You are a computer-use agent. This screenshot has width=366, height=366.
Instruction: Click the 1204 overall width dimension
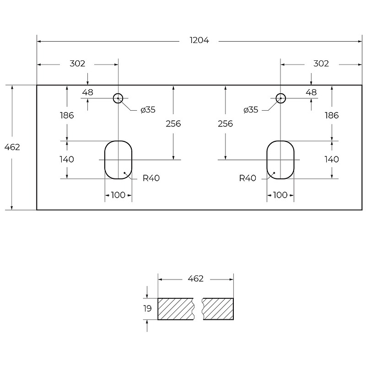coord(199,40)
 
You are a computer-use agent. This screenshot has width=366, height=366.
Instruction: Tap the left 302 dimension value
coord(77,64)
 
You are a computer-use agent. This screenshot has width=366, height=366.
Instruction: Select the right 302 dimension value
coord(321,64)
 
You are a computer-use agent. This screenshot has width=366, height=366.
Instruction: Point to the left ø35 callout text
coord(148,110)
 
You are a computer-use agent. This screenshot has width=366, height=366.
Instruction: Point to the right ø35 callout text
coord(251,110)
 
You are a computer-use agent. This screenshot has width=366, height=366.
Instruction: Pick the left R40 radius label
coord(151,178)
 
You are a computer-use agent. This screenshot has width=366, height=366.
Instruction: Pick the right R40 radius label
coord(248,178)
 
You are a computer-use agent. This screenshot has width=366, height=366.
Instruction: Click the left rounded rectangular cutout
coord(105,160)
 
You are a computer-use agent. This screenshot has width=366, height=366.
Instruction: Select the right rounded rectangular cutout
coord(267,160)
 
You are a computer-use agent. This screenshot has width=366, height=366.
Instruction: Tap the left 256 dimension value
coord(173,124)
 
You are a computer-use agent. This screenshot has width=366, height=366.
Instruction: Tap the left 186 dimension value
coord(67,115)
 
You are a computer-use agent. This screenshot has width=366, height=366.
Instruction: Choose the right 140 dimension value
coord(332,159)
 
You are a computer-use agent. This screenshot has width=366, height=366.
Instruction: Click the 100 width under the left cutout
coord(118,195)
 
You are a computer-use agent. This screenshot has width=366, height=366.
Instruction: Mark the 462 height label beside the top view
coord(12,147)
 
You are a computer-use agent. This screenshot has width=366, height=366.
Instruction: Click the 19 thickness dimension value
coord(147,308)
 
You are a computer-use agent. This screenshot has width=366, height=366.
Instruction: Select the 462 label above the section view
coord(196,279)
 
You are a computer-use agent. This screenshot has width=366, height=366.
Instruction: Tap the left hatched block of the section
coord(176,309)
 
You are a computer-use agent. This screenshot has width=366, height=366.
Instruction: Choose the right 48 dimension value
coord(311,92)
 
